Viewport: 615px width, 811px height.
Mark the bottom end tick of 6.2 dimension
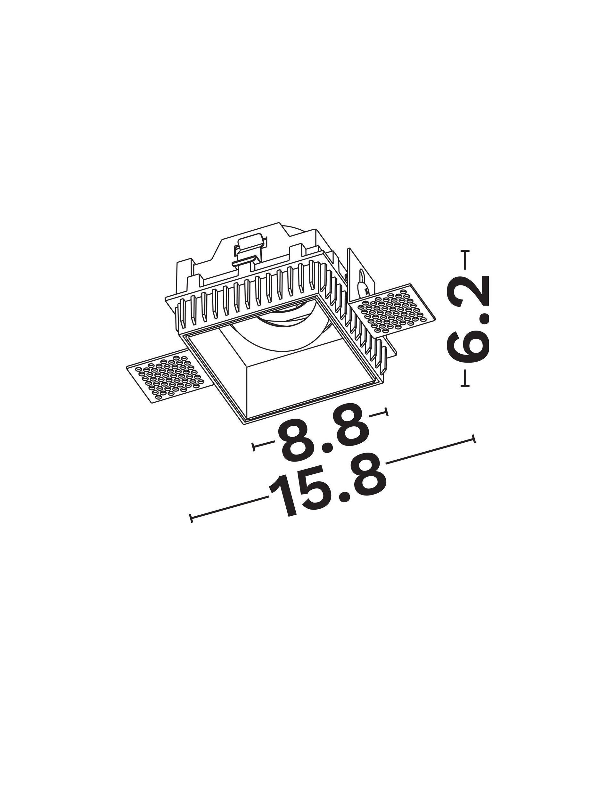coord(465,385)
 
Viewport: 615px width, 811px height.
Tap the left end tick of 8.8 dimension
coord(254,446)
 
